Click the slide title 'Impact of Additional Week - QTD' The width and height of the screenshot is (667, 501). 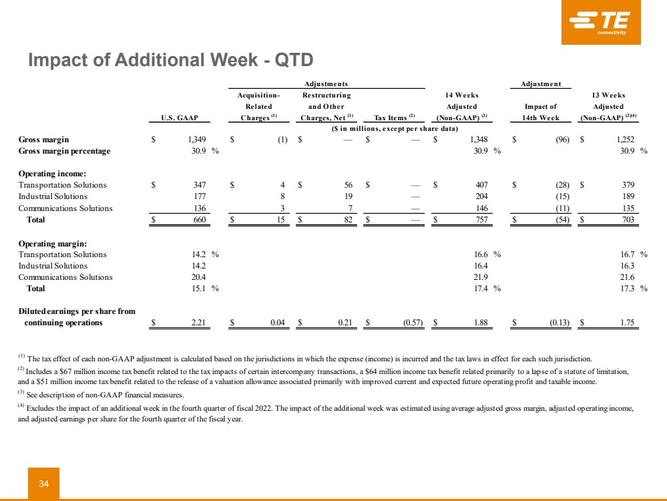(170, 60)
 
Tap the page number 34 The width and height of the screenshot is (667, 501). (43, 484)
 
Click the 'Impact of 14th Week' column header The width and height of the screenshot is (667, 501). (541, 112)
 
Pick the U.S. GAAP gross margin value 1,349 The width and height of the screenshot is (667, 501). (196, 140)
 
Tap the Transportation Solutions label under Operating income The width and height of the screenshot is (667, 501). (62, 184)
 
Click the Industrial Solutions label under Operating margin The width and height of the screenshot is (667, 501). (53, 266)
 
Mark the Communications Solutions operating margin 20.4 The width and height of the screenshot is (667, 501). (198, 277)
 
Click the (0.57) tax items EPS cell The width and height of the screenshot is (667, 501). (407, 323)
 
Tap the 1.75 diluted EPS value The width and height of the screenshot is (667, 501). (625, 323)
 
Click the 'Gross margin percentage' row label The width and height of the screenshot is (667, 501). (64, 151)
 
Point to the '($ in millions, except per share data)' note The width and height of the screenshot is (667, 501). (395, 128)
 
